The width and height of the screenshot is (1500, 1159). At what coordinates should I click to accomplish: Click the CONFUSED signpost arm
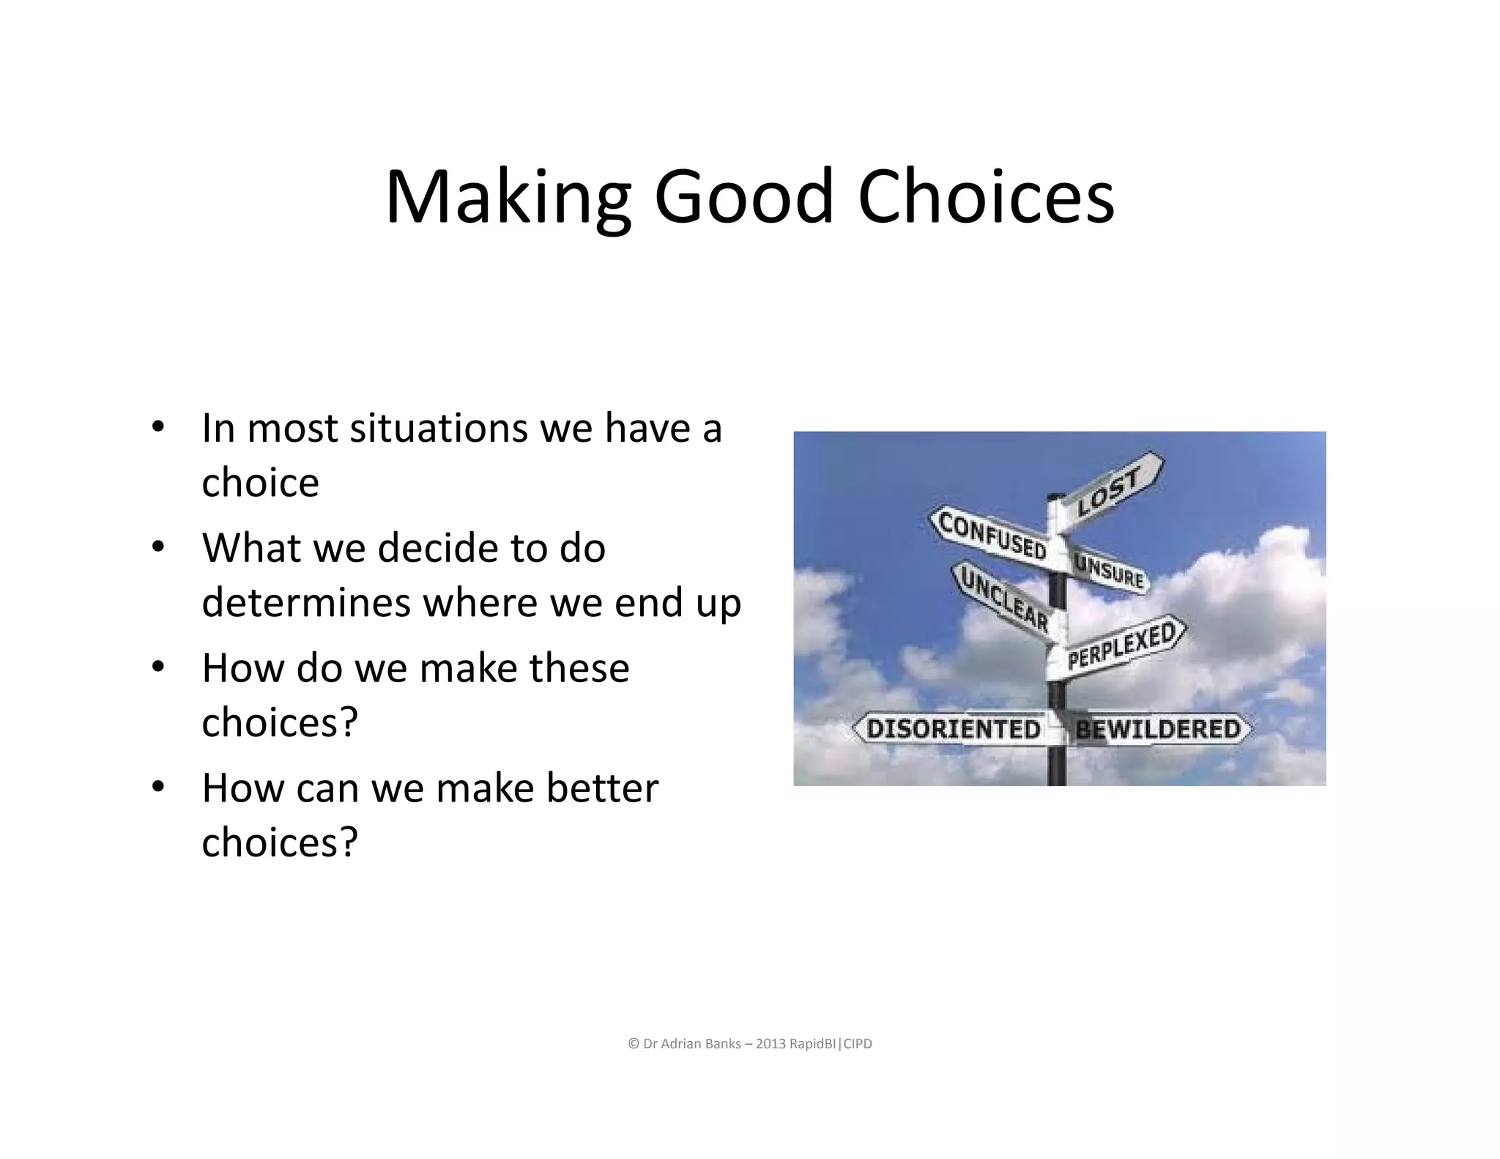coord(990,536)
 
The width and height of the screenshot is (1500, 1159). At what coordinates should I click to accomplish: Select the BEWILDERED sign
coord(1158,729)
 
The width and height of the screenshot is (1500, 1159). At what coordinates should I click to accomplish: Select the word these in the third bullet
coord(579,668)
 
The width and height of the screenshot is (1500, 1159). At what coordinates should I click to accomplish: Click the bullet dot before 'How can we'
coord(157,788)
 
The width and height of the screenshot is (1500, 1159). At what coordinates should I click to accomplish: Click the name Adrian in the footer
coord(680,1044)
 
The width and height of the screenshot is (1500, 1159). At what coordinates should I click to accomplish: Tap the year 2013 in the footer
coord(771,1044)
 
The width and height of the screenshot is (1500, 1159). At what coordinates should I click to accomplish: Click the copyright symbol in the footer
coord(634,1044)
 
